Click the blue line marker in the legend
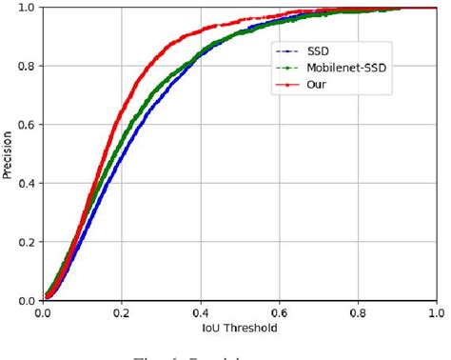pos(284,50)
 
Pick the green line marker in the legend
pos(284,68)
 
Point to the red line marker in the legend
pos(284,85)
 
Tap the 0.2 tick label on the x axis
pos(122,311)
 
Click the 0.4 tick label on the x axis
pos(201,311)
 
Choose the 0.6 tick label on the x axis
pos(279,311)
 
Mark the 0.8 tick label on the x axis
pos(358,311)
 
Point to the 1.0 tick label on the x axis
pos(436,311)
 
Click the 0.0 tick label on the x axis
pos(44,311)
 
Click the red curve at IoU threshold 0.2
pos(122,112)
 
